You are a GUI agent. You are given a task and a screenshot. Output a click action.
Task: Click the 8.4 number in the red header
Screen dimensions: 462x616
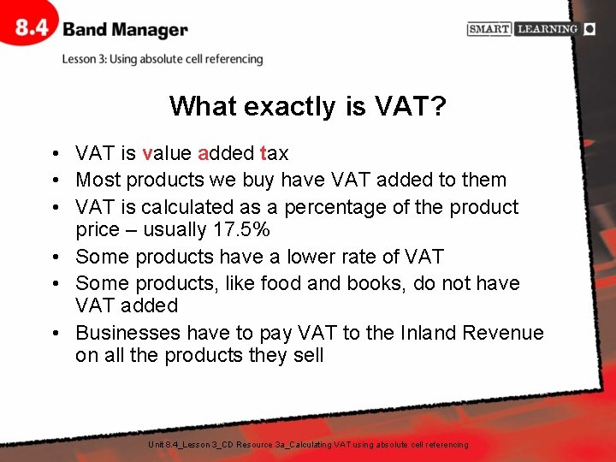click(x=33, y=28)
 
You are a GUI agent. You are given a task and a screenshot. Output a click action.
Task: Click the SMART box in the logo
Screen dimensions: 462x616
click(x=489, y=29)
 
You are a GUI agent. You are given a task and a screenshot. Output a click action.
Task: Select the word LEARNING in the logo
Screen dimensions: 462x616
click(x=547, y=29)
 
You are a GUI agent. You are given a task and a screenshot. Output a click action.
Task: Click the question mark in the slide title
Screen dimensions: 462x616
click(x=438, y=106)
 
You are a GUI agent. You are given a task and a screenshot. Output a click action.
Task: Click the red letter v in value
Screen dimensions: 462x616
click(x=147, y=154)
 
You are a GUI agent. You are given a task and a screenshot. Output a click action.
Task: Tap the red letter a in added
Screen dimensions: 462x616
click(x=203, y=154)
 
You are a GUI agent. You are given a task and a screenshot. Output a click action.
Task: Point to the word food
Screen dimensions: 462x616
click(x=284, y=283)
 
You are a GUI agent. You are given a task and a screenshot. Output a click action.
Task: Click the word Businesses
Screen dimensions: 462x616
click(x=128, y=333)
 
